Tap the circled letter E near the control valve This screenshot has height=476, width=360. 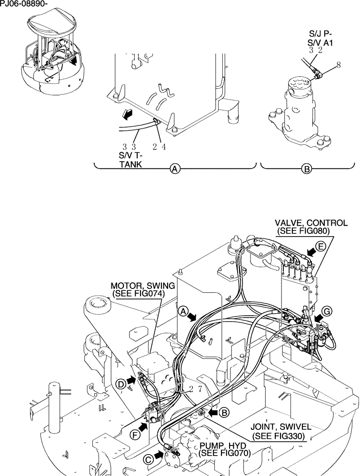[x=321, y=247]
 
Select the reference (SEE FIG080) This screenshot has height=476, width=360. [x=303, y=231]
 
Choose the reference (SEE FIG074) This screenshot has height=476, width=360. [x=138, y=294]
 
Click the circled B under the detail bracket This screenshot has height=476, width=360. [x=308, y=169]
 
